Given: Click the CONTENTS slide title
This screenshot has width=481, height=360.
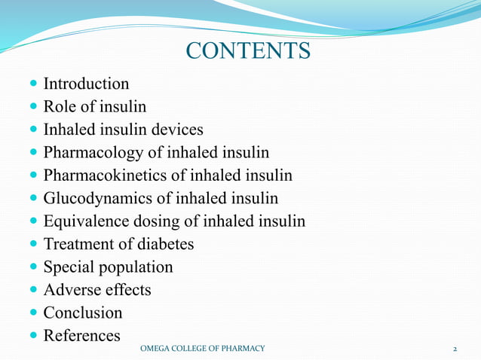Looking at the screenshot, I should click(248, 51).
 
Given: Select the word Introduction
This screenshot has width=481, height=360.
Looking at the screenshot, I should click(86, 84).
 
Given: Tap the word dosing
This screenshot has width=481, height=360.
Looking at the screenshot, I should click(170, 221).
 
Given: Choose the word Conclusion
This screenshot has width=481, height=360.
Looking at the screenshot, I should click(83, 313).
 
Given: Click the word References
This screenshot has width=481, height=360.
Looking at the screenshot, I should click(81, 335).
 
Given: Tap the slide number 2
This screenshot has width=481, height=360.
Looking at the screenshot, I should click(455, 349).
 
